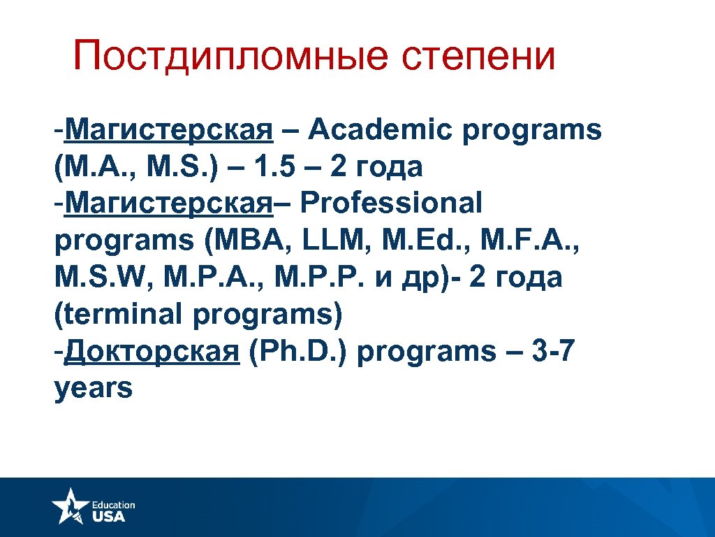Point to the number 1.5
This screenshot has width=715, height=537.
275,167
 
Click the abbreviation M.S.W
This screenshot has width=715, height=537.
103,278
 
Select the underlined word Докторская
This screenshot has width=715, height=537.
151,351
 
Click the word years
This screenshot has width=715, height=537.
93,388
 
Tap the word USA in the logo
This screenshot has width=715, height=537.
108,516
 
